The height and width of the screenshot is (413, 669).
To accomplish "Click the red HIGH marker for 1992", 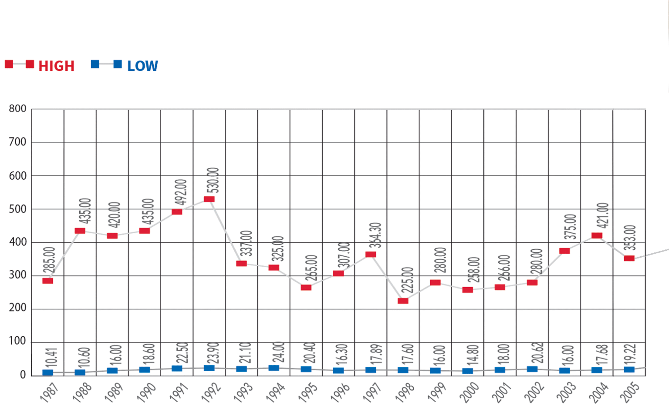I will (209, 199).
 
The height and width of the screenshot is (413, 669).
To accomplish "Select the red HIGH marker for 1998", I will (403, 301).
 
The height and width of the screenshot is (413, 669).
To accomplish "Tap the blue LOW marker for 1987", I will (47, 373).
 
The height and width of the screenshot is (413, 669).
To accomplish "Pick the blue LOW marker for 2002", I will (532, 369).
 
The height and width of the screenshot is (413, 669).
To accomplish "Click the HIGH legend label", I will (56, 66).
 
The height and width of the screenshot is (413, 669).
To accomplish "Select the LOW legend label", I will (142, 66).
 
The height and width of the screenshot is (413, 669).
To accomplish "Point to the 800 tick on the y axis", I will (17, 109).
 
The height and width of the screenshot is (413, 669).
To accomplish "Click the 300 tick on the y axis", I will (17, 275).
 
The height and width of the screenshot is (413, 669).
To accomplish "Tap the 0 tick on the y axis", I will (23, 375).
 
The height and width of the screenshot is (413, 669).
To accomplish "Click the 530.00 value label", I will (213, 180).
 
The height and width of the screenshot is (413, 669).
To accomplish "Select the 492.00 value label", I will (181, 192).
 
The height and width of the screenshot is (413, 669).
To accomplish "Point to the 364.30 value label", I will (375, 235).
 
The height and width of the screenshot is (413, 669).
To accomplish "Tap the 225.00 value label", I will (407, 280).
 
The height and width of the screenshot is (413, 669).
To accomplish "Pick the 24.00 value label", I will (278, 352).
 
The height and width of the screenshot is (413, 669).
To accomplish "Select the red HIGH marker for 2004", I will (597, 236).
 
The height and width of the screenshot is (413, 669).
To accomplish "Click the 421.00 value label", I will (602, 215).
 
